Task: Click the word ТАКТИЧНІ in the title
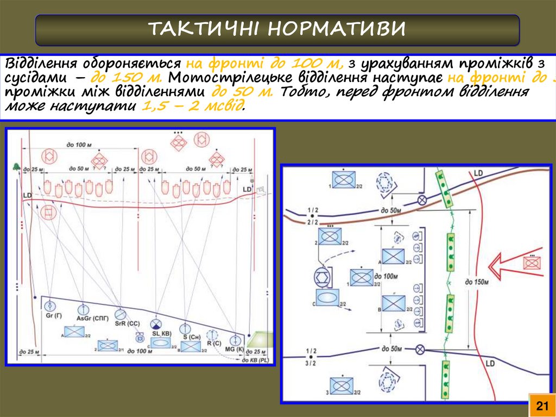204,28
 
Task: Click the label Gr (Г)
53,316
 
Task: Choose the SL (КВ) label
161,333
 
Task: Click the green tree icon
16,167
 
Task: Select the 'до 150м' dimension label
477,282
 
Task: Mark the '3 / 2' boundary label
311,363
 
